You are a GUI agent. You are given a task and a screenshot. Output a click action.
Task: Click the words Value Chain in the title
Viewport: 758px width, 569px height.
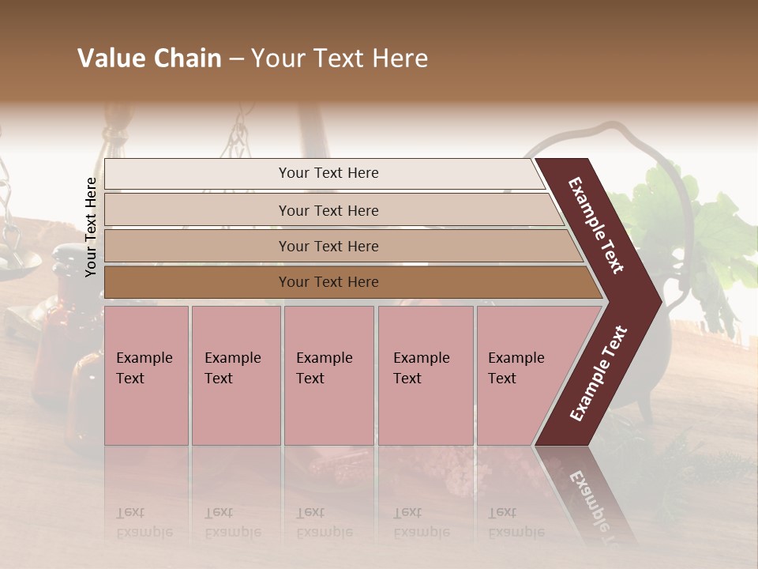click(x=149, y=58)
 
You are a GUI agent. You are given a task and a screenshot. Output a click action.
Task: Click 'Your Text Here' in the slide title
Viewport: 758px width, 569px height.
click(x=340, y=58)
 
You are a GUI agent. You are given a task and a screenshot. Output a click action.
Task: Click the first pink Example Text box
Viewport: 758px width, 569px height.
click(x=146, y=375)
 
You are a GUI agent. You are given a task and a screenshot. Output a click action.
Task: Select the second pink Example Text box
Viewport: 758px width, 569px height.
click(x=235, y=375)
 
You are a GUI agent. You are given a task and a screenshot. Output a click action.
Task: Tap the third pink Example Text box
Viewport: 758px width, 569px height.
click(x=328, y=375)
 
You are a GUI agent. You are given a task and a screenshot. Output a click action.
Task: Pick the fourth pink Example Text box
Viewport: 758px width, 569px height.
click(x=426, y=375)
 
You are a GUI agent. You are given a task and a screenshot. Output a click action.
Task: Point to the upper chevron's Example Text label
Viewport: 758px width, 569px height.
click(x=597, y=225)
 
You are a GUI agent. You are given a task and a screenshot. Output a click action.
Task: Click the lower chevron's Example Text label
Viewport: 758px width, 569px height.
click(x=599, y=373)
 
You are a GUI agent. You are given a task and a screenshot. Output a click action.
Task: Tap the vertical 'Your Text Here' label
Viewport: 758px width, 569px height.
click(x=91, y=227)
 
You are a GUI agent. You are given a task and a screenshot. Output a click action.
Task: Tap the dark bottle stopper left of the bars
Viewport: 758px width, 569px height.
click(x=70, y=258)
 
